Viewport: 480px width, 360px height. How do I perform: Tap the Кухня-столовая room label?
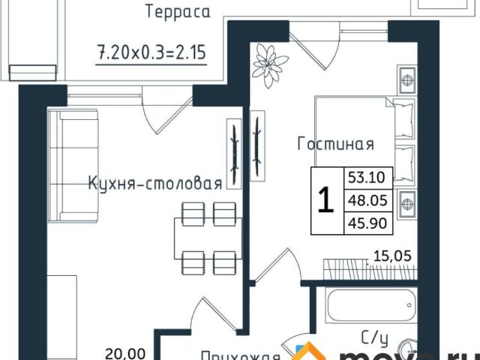(154, 184)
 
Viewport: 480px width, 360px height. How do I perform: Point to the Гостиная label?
(335, 143)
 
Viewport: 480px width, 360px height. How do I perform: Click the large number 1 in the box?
(326, 201)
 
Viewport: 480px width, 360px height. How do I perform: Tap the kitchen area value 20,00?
(119, 350)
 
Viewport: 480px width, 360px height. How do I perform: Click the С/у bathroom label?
(375, 338)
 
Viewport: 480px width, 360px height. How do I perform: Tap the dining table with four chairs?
(205, 237)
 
